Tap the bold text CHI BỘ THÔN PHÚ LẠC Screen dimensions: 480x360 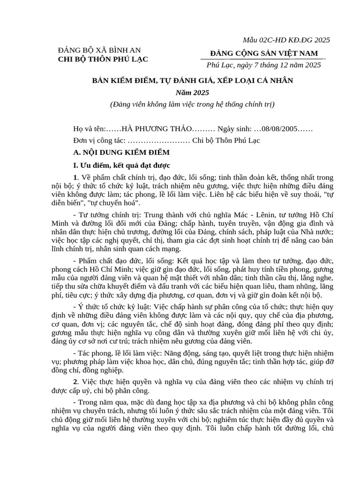tap(103, 59)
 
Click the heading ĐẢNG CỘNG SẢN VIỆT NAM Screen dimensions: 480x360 tap(264, 52)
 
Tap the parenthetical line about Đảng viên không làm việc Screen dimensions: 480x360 tap(192, 104)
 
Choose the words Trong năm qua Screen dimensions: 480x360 tap(101, 402)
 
